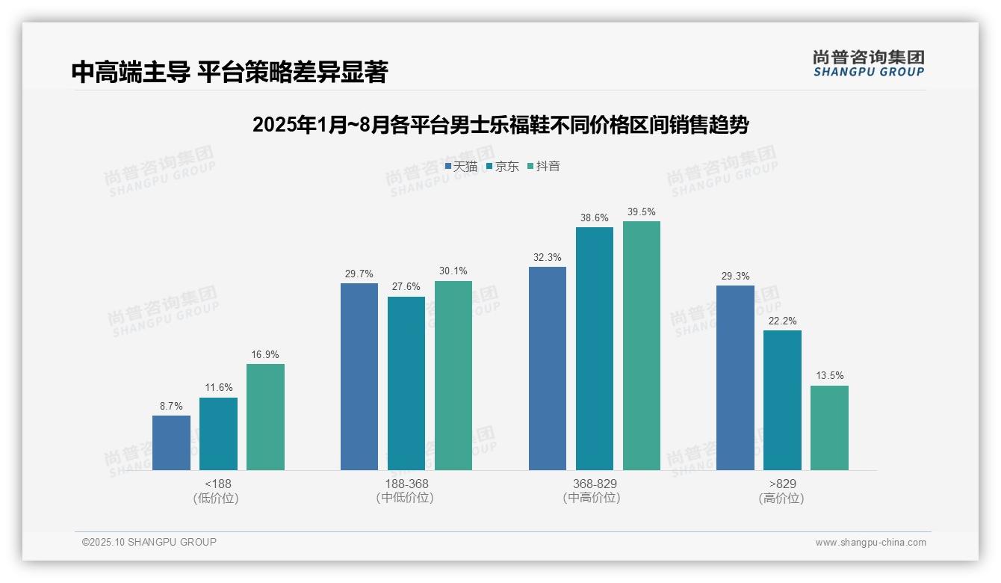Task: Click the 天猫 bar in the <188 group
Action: tap(171, 442)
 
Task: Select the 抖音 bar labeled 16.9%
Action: tap(265, 417)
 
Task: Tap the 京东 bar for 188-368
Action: tap(406, 383)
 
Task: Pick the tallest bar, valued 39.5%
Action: tap(642, 345)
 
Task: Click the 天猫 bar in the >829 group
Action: tap(735, 377)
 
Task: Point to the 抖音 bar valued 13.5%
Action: tap(829, 428)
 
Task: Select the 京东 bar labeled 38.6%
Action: tap(595, 348)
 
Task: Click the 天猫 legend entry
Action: tap(461, 167)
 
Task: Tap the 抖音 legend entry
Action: tap(544, 167)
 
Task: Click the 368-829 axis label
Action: tap(595, 484)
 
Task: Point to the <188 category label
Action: tap(218, 484)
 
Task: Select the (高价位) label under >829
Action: tap(781, 499)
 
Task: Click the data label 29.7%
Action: tap(359, 274)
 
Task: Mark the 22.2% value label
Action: tap(782, 321)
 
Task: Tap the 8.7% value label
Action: tap(171, 407)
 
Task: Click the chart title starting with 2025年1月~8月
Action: tap(500, 125)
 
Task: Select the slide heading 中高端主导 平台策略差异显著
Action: tap(229, 72)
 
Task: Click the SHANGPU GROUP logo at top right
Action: tap(868, 64)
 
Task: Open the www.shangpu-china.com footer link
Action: tap(870, 543)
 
